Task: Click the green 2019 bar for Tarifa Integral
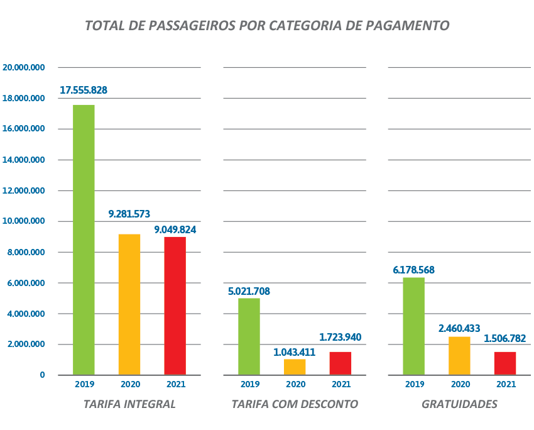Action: (x=84, y=240)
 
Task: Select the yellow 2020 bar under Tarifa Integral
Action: (x=129, y=304)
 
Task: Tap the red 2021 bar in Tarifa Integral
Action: (x=175, y=306)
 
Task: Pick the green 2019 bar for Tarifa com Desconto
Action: (x=249, y=336)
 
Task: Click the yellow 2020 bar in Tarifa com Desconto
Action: (x=295, y=367)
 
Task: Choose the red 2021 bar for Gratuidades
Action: (x=505, y=363)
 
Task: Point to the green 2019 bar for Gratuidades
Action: (x=413, y=326)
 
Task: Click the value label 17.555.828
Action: (x=84, y=90)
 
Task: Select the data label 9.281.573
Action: (x=129, y=214)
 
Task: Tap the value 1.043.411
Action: (x=294, y=352)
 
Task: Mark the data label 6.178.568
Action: (x=413, y=270)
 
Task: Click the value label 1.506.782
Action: (x=505, y=339)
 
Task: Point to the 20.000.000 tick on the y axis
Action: (x=24, y=67)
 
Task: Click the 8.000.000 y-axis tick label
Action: (x=24, y=252)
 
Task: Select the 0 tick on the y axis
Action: (x=42, y=375)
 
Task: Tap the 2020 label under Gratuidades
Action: (x=460, y=384)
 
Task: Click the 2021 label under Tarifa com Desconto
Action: (x=341, y=384)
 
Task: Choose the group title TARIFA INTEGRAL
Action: (x=129, y=404)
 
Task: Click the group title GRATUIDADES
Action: (x=459, y=404)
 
